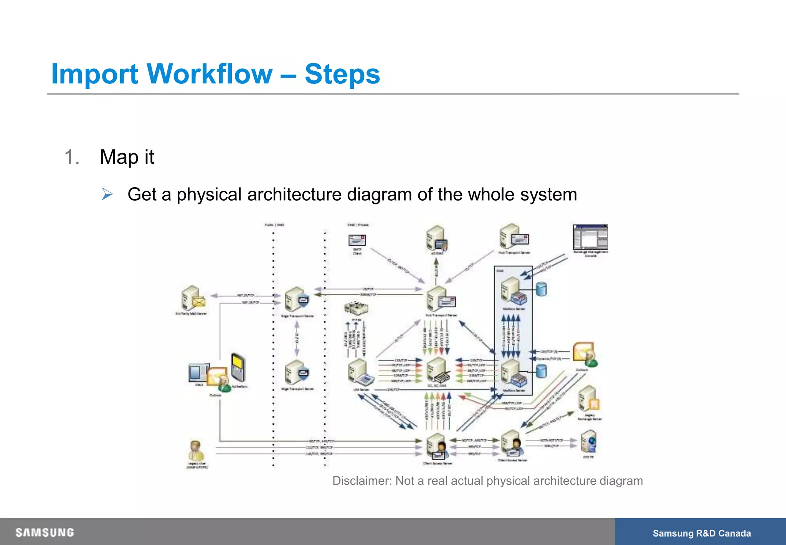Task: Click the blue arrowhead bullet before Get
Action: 107,194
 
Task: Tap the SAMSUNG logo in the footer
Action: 45,532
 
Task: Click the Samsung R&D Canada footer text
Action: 702,533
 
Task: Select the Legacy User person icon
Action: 196,451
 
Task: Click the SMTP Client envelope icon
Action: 357,241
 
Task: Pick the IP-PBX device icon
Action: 356,308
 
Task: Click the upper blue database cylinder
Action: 541,289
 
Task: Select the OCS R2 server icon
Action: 588,442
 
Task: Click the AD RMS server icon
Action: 436,238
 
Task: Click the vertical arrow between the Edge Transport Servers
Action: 297,338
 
